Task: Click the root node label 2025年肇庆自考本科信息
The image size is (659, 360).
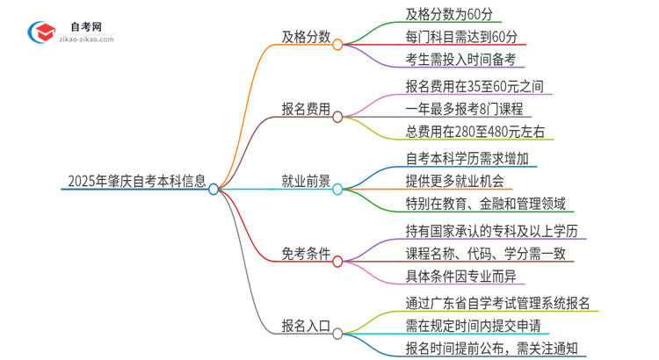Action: point(136,183)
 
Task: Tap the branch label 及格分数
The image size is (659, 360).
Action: point(305,37)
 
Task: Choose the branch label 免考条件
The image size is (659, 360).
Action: point(305,256)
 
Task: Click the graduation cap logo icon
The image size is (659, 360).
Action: point(40,32)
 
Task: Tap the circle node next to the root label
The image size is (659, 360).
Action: point(214,188)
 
